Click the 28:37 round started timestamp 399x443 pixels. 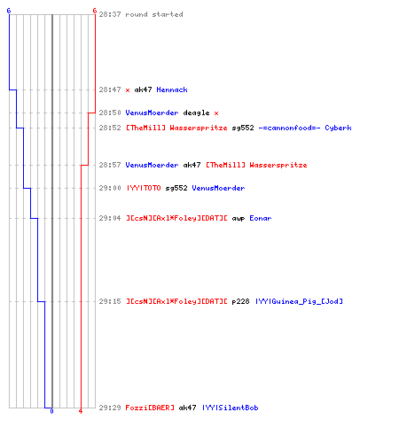coord(110,14)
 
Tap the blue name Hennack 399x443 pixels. coord(172,89)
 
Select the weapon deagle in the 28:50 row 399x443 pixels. coord(196,113)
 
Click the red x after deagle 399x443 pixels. coord(216,113)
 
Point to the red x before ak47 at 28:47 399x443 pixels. coord(128,90)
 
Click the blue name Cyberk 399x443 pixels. coord(338,128)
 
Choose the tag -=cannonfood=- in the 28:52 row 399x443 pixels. coord(289,128)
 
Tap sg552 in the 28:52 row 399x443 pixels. coord(243,128)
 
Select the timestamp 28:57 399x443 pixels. coord(110,165)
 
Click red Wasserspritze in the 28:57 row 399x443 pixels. coord(278,165)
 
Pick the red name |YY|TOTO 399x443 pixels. coord(144,188)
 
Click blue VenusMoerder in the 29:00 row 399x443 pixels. coord(218,188)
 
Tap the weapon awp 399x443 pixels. coord(239,219)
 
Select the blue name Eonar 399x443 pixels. coord(261,218)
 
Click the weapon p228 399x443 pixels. coord(240,301)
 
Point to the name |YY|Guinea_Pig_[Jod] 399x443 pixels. coord(299,301)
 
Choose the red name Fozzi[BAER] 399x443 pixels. coord(150,408)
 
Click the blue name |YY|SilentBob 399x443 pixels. coord(231,408)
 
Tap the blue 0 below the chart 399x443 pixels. coord(51,411)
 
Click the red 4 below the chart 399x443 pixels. coord(81,411)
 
